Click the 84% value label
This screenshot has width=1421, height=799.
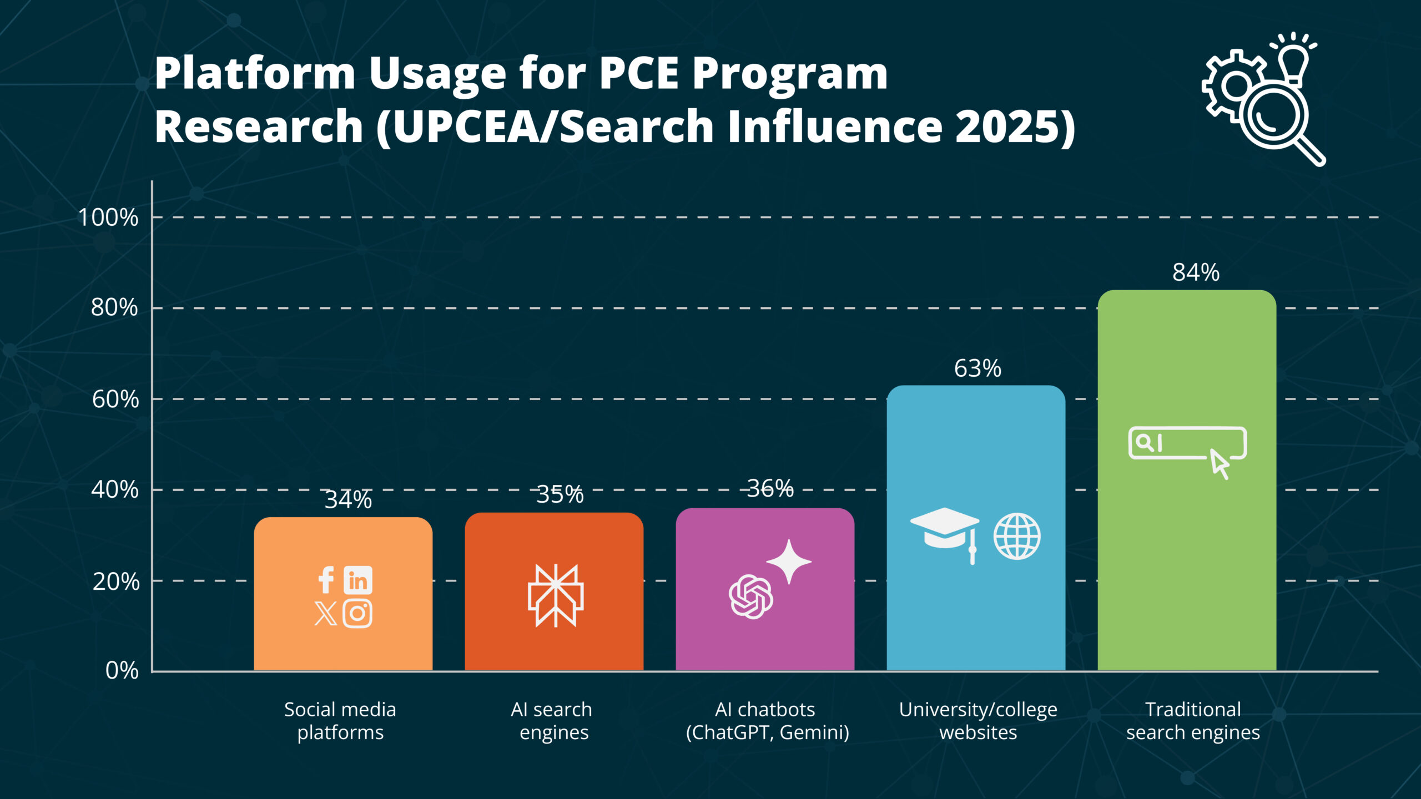tap(1196, 272)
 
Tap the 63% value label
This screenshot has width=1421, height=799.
tap(977, 368)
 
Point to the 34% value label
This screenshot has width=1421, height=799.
tap(348, 499)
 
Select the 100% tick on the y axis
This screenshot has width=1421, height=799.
tap(108, 217)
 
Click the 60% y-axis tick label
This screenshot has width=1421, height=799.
tap(115, 399)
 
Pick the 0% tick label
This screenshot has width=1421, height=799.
tap(122, 670)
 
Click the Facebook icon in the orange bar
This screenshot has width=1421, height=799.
tap(326, 580)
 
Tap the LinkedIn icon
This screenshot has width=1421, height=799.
tap(358, 580)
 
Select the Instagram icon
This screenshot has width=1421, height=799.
tap(357, 614)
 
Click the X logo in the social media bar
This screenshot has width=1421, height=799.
tap(326, 614)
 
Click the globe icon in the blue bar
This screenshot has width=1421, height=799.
tap(1017, 536)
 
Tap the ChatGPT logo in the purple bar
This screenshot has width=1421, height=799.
tap(751, 596)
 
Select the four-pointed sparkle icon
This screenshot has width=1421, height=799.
tap(789, 562)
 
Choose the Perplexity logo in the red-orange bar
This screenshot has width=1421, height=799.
tap(555, 596)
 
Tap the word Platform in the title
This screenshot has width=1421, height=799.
tap(255, 73)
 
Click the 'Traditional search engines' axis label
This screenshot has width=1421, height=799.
tap(1193, 721)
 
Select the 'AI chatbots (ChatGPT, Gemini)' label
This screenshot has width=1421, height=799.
tap(767, 721)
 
